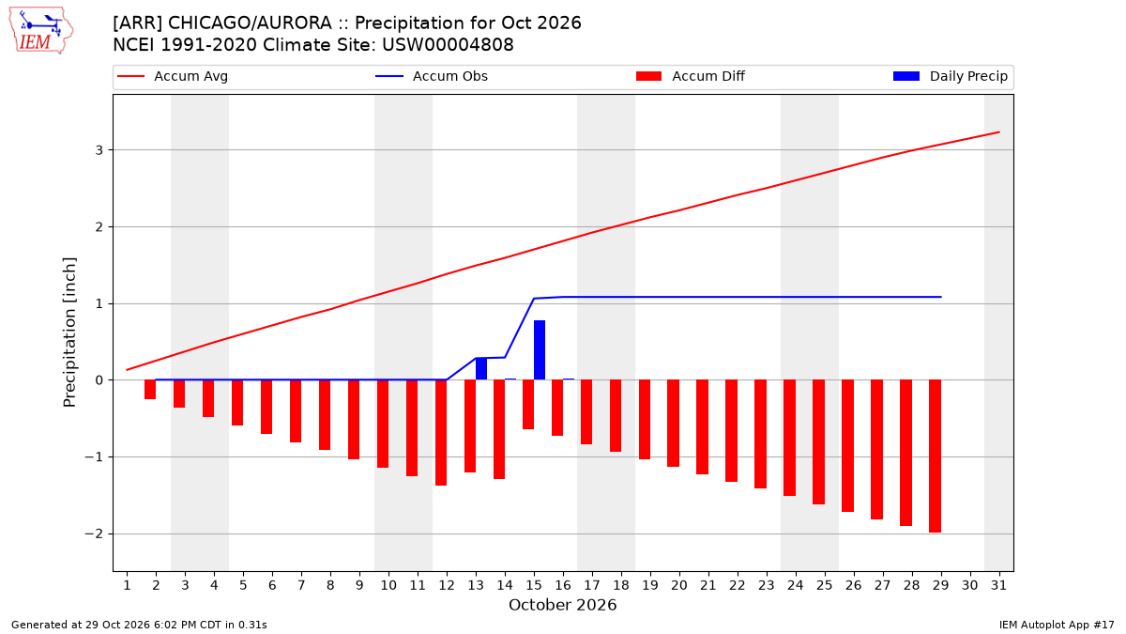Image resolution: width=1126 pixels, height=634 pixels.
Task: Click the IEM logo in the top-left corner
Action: tap(40, 31)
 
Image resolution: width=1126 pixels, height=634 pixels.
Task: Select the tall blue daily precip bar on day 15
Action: tap(540, 350)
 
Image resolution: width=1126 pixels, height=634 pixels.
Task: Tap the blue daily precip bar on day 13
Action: tap(481, 369)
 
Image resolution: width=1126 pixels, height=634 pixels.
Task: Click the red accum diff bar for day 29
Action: tap(935, 456)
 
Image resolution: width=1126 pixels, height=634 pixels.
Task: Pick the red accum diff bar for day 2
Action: tap(150, 390)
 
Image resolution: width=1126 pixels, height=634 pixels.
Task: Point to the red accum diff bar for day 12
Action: tap(441, 433)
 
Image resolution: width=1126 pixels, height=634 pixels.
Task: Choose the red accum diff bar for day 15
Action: tap(528, 405)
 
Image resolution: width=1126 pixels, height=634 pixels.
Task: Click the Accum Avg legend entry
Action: tap(173, 76)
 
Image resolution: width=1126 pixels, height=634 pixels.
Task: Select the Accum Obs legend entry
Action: tap(432, 76)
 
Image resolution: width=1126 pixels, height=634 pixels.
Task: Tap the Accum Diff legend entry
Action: tap(691, 76)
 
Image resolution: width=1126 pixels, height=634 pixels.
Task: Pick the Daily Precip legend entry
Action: tap(951, 76)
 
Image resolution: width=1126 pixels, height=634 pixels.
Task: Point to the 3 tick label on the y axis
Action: tap(99, 150)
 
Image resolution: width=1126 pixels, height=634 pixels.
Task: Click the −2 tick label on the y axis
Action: tap(94, 533)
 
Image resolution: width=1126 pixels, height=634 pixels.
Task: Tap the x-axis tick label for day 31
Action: tap(998, 586)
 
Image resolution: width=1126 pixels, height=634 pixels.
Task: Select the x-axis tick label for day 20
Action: tap(679, 586)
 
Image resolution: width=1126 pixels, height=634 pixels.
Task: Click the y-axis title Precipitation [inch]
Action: tap(69, 332)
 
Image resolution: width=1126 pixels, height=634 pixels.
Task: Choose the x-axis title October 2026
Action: tap(562, 605)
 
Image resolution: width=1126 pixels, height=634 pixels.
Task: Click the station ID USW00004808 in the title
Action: tap(448, 45)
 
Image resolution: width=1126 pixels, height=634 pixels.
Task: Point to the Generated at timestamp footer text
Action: tap(139, 625)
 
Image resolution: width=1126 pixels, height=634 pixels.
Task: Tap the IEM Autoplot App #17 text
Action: tap(1057, 625)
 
